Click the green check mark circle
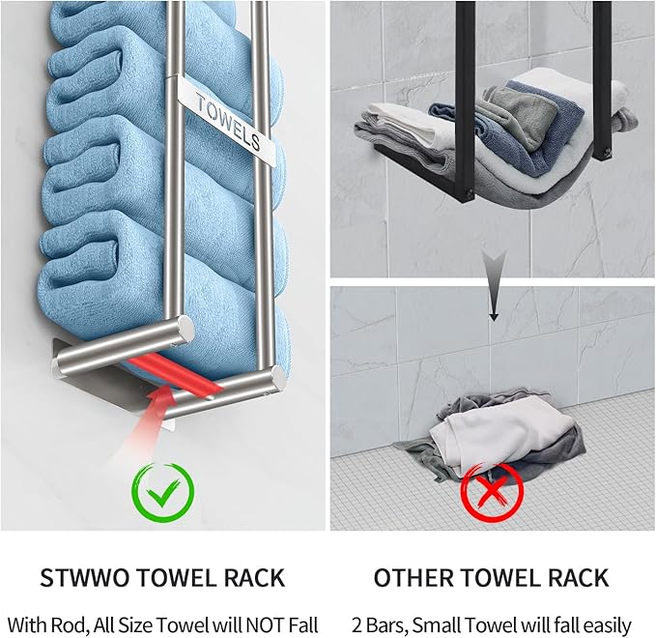click(162, 493)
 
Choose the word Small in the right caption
click(453, 623)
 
